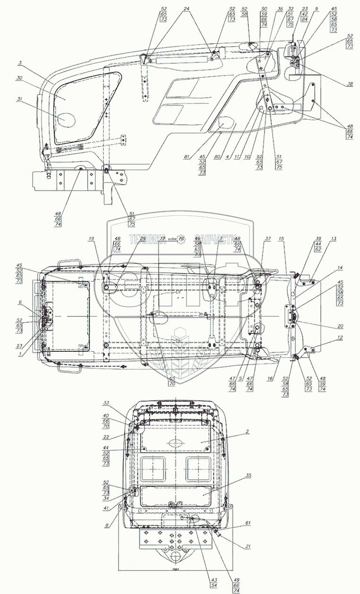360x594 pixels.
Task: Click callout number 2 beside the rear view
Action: (247, 432)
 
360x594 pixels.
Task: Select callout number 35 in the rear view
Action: (247, 476)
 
